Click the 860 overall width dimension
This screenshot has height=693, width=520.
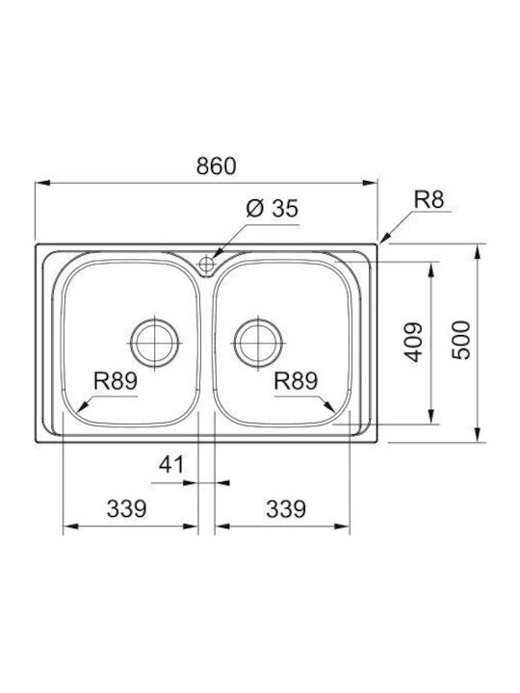(217, 167)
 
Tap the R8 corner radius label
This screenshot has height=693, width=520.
(429, 199)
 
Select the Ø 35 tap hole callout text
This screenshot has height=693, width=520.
(273, 208)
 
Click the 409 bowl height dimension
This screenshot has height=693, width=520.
(414, 342)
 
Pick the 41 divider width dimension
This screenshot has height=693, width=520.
(171, 465)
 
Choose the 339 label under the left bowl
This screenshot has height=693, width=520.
(126, 509)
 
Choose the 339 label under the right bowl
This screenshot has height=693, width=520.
(286, 509)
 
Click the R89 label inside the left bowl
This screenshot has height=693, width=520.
(116, 380)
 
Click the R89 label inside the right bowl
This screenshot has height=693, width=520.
(296, 380)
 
